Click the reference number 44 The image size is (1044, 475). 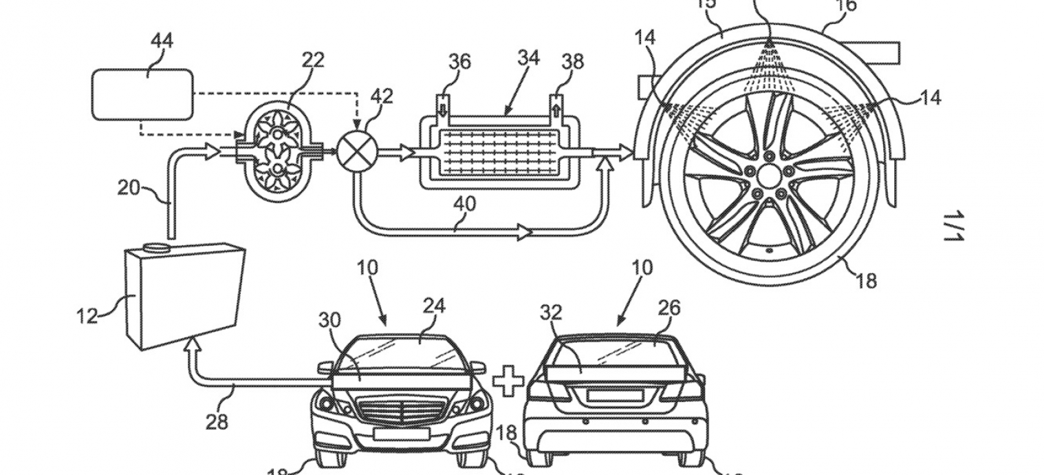point(162,40)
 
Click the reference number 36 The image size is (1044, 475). point(460,62)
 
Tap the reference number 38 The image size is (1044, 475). point(572,62)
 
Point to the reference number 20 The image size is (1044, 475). point(129,187)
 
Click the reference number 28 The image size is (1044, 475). point(217,421)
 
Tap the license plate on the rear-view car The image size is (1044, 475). point(616,397)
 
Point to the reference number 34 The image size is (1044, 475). point(528,58)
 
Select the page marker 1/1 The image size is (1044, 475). point(954,226)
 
